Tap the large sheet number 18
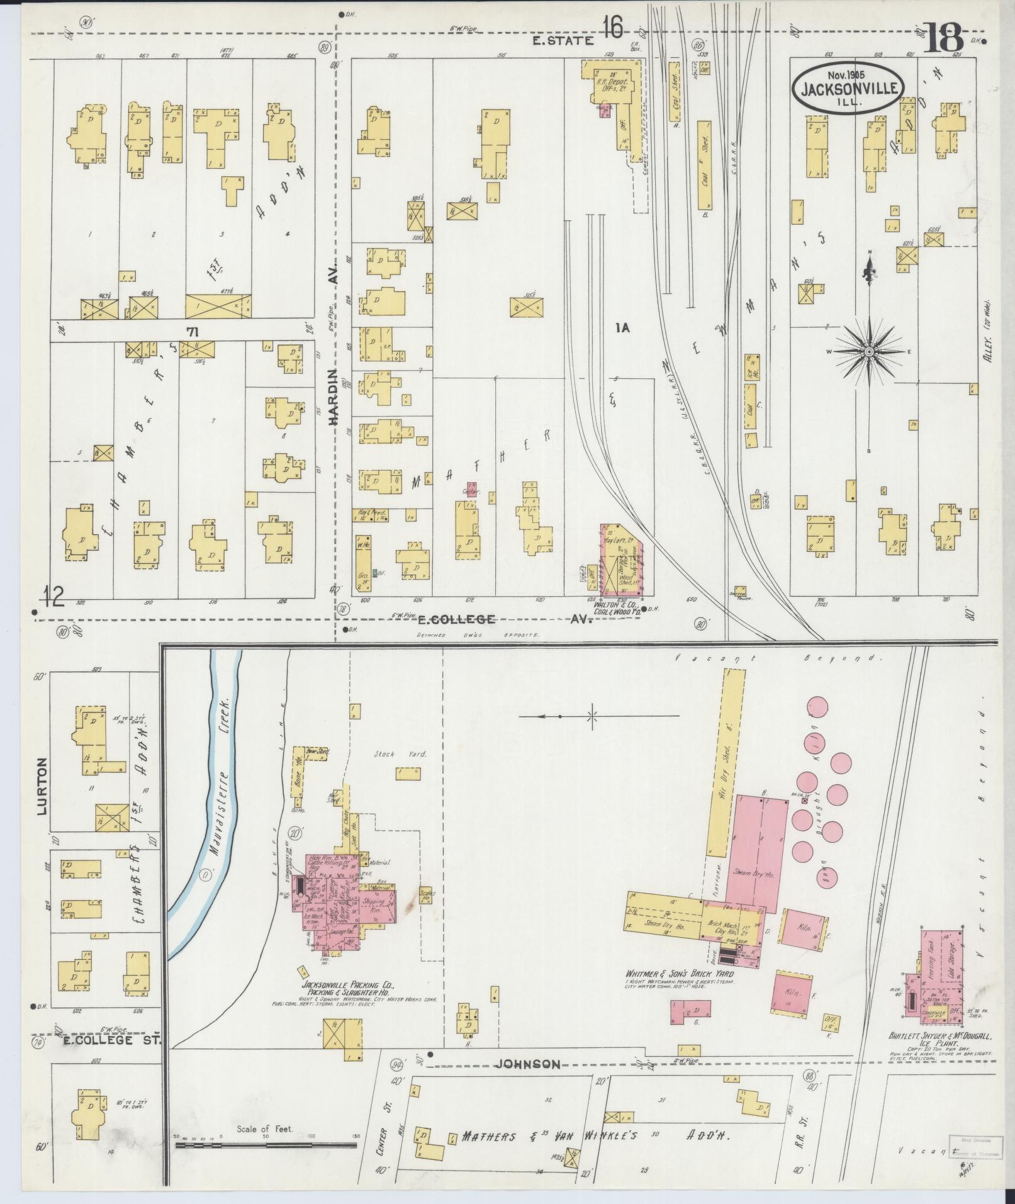(x=943, y=39)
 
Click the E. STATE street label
(x=563, y=41)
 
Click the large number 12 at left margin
(x=54, y=594)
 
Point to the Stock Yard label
(x=391, y=753)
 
